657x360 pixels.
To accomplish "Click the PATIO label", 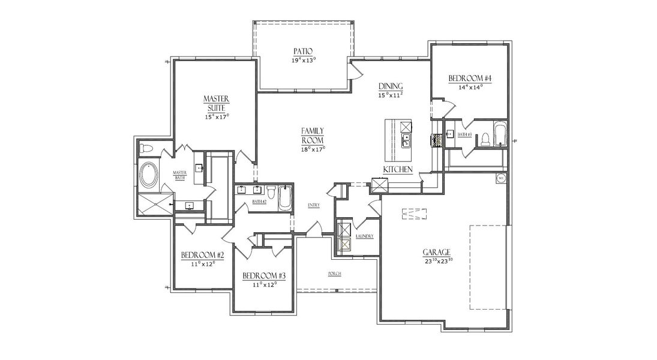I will click(304, 51).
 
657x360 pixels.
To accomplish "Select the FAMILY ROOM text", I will click(313, 135).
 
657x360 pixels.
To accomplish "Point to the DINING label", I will click(390, 86).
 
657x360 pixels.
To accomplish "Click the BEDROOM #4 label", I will click(470, 79).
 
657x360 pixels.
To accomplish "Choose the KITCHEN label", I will click(398, 170).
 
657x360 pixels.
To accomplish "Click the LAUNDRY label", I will click(364, 236).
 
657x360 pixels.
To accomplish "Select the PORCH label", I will click(335, 274).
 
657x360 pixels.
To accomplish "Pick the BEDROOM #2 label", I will click(202, 256).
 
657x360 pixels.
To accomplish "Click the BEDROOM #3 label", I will click(263, 275).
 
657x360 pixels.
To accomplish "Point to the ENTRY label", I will click(313, 205).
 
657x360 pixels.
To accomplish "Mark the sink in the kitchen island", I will click(406, 142).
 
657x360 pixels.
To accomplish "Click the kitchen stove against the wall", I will click(436, 140).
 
